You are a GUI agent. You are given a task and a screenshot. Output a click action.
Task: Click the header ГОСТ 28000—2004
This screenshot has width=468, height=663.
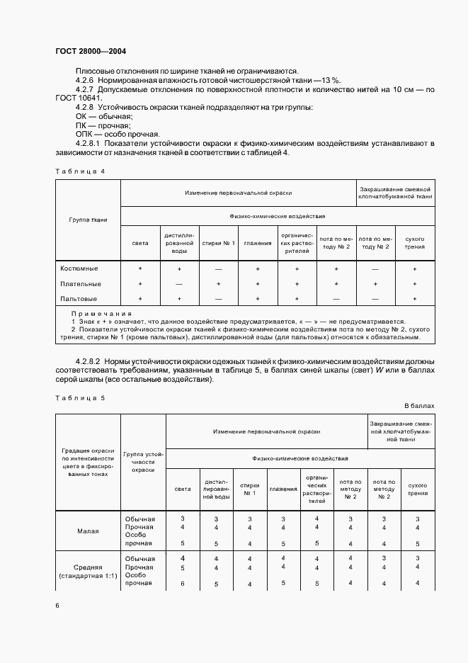[90, 51]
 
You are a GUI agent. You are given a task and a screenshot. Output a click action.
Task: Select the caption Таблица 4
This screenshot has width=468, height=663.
[79, 171]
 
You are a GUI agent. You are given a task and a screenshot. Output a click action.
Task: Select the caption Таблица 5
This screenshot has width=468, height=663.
[79, 397]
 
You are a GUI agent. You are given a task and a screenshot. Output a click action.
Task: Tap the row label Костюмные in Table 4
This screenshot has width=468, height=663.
[79, 269]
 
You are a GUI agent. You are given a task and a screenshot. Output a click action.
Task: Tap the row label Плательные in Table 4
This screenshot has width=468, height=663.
[79, 284]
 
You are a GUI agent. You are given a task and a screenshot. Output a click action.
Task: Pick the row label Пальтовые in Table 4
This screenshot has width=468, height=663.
[79, 299]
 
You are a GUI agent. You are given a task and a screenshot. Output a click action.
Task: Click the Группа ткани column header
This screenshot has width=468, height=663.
[88, 220]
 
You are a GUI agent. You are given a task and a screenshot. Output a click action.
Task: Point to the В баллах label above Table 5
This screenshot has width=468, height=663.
[419, 406]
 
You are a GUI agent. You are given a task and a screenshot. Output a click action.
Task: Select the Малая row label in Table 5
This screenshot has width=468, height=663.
[88, 531]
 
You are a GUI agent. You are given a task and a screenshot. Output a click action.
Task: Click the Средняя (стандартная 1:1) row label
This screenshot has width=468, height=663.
[88, 571]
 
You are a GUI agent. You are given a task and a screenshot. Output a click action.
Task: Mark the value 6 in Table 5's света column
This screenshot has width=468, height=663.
[183, 584]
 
